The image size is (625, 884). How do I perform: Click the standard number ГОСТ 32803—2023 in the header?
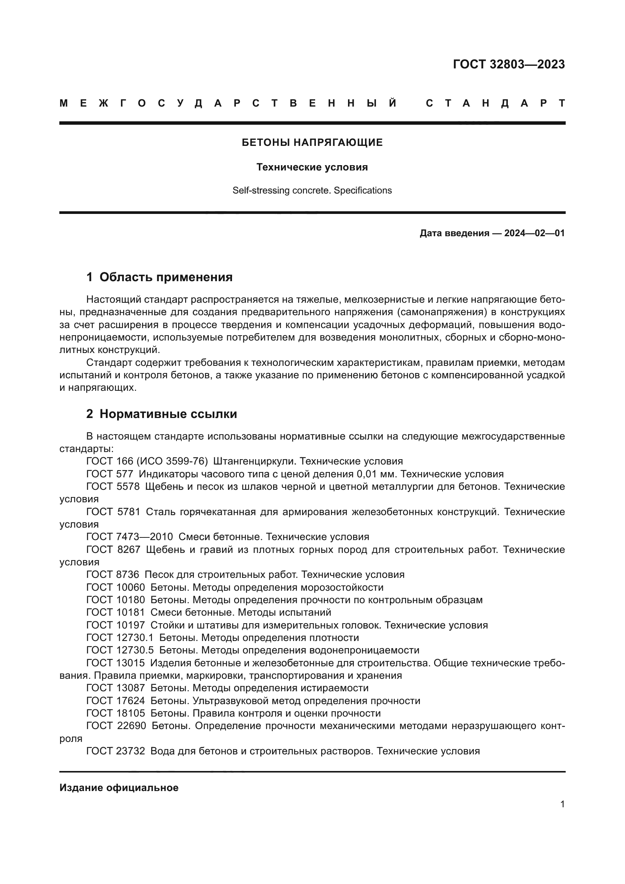(x=508, y=64)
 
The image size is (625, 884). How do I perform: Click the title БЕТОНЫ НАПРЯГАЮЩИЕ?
(x=312, y=143)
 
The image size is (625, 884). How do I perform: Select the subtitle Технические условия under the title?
(x=312, y=167)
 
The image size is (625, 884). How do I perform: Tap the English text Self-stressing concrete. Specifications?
(x=312, y=190)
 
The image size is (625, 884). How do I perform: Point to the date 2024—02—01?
(x=534, y=233)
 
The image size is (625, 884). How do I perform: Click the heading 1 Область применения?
(x=159, y=277)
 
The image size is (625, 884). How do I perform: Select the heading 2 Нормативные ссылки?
(x=162, y=414)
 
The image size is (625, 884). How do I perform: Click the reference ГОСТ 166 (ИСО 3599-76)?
(x=147, y=461)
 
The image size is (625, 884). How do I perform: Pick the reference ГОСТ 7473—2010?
(x=130, y=537)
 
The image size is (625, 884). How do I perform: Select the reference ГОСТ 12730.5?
(x=120, y=650)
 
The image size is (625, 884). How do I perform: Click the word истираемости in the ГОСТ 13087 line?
(x=331, y=688)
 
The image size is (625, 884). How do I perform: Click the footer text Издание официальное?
(x=119, y=788)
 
